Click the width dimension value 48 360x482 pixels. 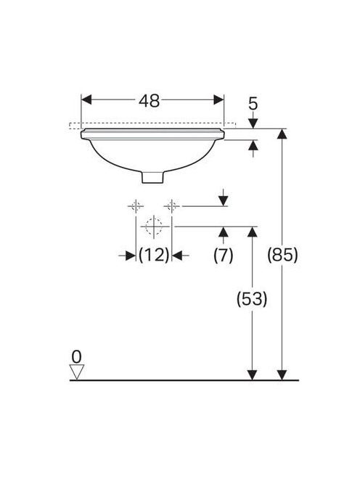click(x=149, y=100)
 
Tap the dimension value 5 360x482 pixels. click(x=253, y=104)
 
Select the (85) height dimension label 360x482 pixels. click(x=282, y=255)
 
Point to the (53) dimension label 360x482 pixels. click(x=252, y=298)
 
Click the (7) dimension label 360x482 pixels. click(x=224, y=255)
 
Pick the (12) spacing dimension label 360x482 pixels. click(x=154, y=255)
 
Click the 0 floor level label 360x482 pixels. click(x=76, y=357)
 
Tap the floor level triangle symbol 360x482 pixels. click(x=76, y=372)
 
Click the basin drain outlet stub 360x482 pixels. click(x=153, y=177)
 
